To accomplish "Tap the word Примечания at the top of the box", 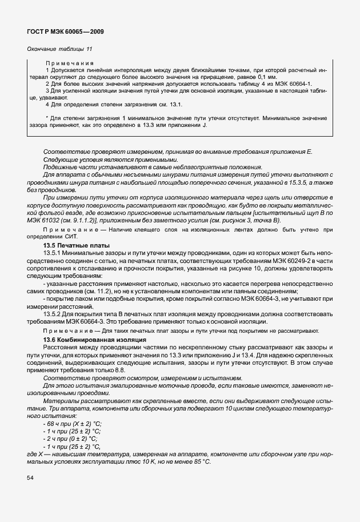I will [x=70, y=63].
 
